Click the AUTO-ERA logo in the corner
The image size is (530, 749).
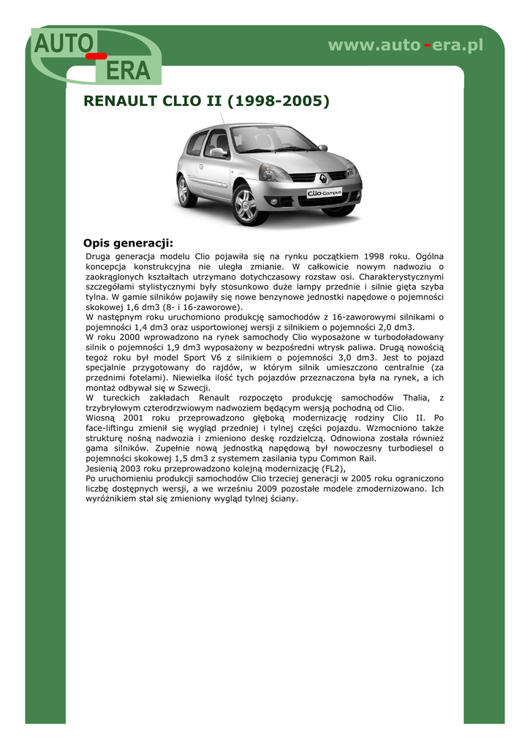(x=95, y=55)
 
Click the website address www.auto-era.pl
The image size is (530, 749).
(x=406, y=45)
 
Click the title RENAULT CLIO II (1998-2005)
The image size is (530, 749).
(x=207, y=101)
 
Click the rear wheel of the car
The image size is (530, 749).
(x=186, y=191)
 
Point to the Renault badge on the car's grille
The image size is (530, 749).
(x=322, y=176)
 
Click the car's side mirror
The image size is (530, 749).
(x=218, y=152)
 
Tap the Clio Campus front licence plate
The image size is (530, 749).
(x=324, y=194)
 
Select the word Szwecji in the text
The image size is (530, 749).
(x=194, y=388)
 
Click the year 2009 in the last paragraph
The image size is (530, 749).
(x=268, y=489)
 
